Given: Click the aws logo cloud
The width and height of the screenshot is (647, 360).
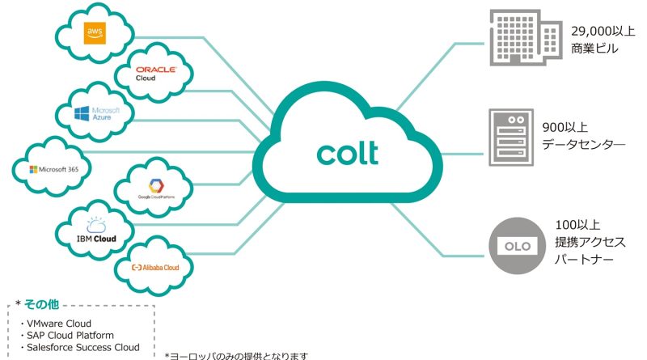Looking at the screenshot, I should coord(95,32).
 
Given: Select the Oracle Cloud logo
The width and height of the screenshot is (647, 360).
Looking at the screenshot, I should coord(156,74).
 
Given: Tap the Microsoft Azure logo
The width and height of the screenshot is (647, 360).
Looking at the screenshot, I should coord(96,115).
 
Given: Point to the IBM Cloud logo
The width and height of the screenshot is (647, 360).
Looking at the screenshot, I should coord(95,232).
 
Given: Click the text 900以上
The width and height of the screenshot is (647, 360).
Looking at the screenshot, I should coord(565,128).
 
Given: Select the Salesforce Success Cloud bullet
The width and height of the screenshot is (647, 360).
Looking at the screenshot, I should coord(82,347).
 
